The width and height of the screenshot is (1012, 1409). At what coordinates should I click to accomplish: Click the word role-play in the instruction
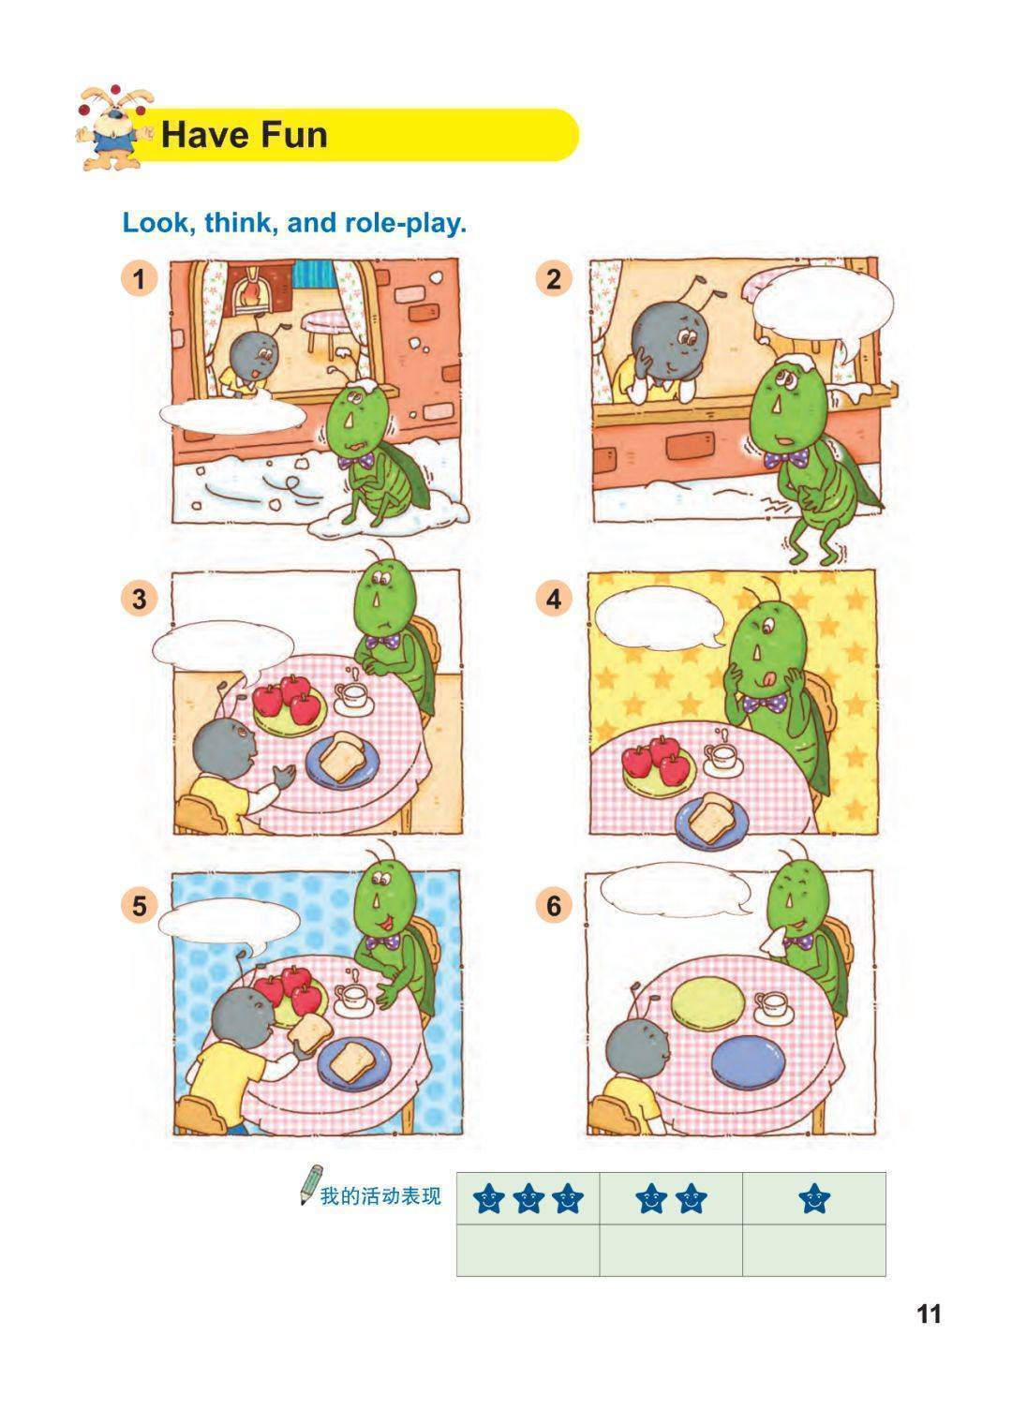(x=406, y=223)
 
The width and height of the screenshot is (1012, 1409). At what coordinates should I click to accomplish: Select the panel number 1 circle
(x=139, y=278)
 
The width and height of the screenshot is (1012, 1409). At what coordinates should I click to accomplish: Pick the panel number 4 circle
(x=554, y=599)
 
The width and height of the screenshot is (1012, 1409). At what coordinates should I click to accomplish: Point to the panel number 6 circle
(x=554, y=906)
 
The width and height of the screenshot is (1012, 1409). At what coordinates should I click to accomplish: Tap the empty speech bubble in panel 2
(x=824, y=306)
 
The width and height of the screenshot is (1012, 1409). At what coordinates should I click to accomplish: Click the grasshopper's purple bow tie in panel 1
(x=356, y=461)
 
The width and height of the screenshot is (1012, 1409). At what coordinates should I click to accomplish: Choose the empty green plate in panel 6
(x=708, y=1002)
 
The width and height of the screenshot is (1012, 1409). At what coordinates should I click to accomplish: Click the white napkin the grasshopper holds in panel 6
(x=772, y=942)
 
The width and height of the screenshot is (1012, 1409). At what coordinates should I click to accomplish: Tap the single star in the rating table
(x=814, y=1197)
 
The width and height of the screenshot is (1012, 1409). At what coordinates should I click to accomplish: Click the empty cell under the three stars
(x=528, y=1251)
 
